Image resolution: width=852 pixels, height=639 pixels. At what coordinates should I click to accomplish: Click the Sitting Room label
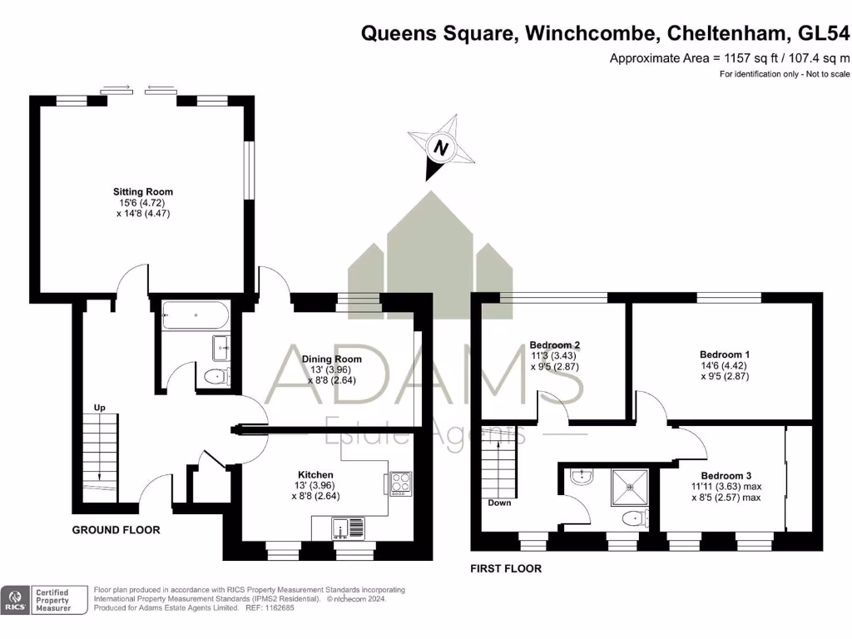point(144,192)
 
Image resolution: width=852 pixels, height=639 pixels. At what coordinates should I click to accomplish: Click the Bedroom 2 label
point(554,345)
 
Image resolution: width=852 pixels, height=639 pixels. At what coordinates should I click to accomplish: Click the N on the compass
point(441,150)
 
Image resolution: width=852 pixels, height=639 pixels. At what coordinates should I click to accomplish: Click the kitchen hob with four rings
point(399,483)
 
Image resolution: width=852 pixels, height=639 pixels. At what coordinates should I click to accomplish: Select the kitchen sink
point(344,528)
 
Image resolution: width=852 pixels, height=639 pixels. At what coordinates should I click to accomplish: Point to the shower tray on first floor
point(631,485)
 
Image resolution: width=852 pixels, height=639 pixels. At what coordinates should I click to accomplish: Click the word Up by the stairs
point(99,408)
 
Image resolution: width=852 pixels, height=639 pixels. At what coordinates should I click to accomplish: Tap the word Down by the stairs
point(500,503)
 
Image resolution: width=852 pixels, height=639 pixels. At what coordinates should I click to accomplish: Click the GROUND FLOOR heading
point(116,530)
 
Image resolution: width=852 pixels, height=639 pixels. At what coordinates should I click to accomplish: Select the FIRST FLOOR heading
point(506,569)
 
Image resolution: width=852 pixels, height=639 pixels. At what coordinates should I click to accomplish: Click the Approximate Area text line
point(730,58)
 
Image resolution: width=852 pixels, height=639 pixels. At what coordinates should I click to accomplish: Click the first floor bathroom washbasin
point(582,477)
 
